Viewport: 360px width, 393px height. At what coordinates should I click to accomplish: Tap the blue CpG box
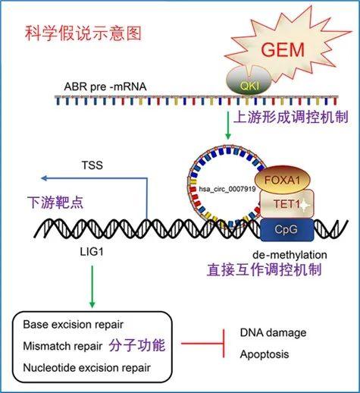click(x=280, y=228)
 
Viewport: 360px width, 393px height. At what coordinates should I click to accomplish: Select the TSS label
click(x=93, y=163)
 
